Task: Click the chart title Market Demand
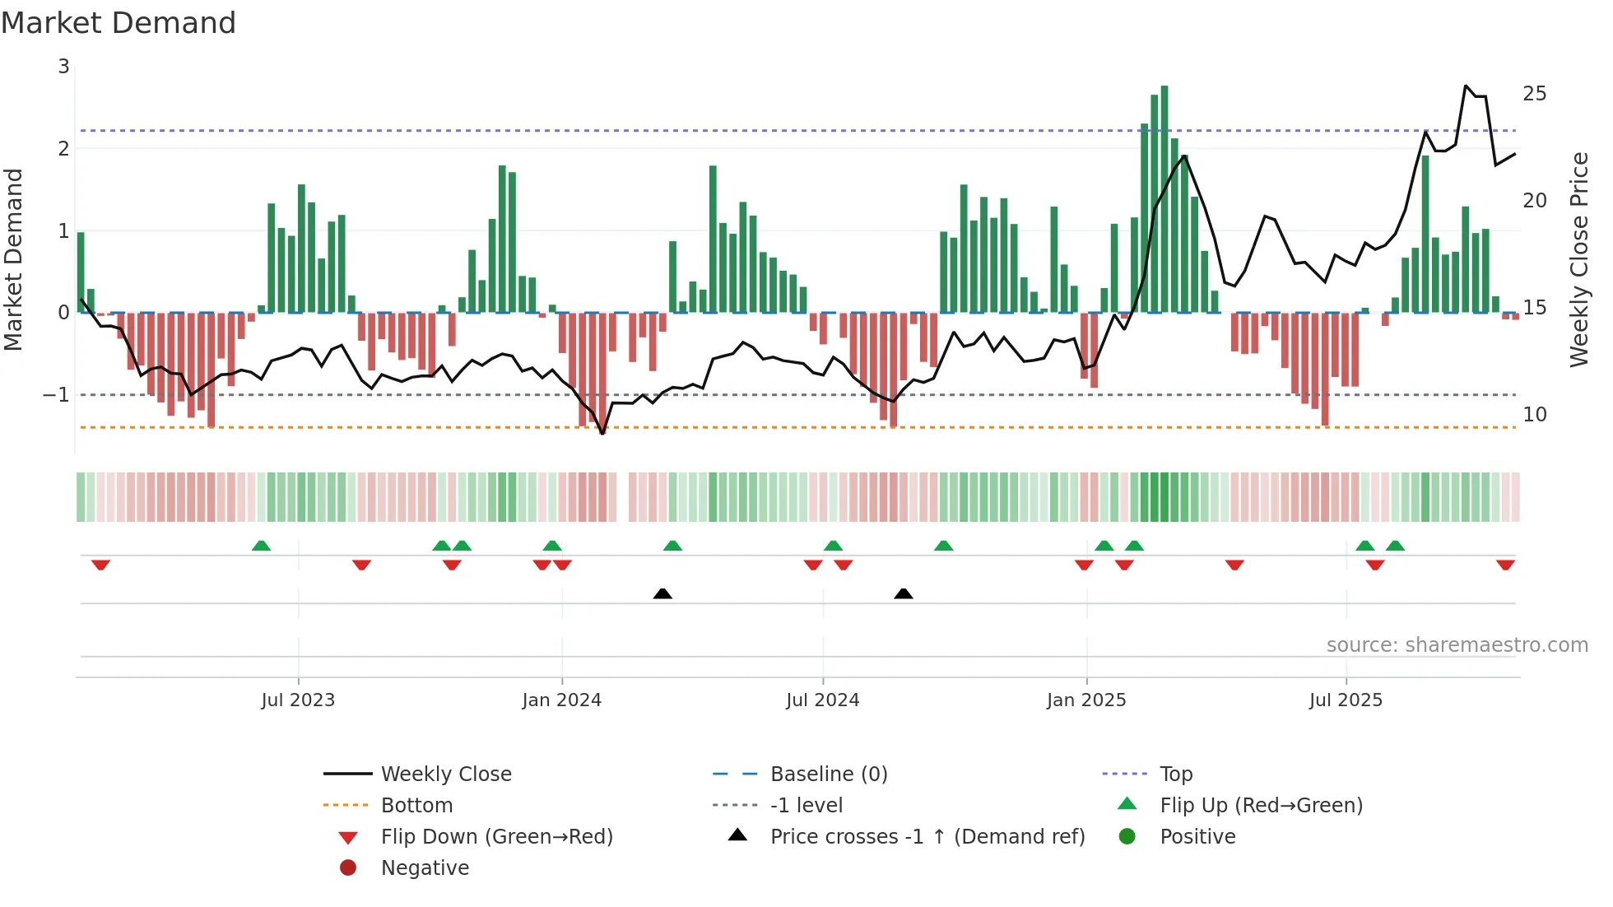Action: point(119,23)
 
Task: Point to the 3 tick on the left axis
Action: point(63,67)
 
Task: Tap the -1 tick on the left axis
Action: point(57,395)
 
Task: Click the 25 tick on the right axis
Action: point(1534,94)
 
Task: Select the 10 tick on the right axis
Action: point(1534,415)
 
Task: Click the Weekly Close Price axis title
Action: point(1578,259)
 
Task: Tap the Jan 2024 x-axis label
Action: point(561,700)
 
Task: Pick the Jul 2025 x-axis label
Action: point(1346,700)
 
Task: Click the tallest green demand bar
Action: point(1164,198)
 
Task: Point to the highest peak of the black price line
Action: point(1466,86)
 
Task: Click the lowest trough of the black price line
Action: point(602,433)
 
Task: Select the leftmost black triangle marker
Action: point(662,593)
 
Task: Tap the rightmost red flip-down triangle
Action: point(1505,565)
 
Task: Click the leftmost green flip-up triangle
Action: point(261,546)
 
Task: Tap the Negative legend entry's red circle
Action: point(348,868)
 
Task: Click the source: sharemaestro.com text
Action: point(1457,645)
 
